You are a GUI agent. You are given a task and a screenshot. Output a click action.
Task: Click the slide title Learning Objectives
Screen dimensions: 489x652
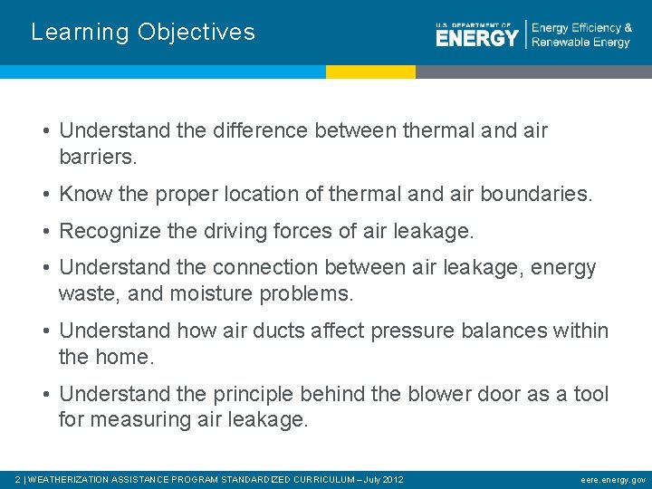pyautogui.click(x=143, y=33)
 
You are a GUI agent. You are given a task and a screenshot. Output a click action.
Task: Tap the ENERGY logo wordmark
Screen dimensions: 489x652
pyautogui.click(x=476, y=37)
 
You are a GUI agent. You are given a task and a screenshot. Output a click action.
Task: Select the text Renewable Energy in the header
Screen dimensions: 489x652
pyautogui.click(x=580, y=43)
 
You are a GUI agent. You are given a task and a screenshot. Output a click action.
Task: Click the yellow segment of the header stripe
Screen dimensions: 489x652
pyautogui.click(x=370, y=72)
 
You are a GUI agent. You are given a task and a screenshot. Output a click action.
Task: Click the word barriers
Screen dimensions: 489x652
pyautogui.click(x=97, y=157)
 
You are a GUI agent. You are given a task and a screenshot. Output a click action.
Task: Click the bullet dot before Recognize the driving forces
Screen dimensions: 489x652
pyautogui.click(x=45, y=232)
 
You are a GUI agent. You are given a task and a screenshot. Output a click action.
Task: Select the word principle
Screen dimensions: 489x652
pyautogui.click(x=254, y=395)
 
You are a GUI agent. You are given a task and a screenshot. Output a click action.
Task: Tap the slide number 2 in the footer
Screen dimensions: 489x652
pyautogui.click(x=19, y=479)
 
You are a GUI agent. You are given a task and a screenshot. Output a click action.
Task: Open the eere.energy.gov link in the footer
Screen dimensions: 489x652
pyautogui.click(x=613, y=479)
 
